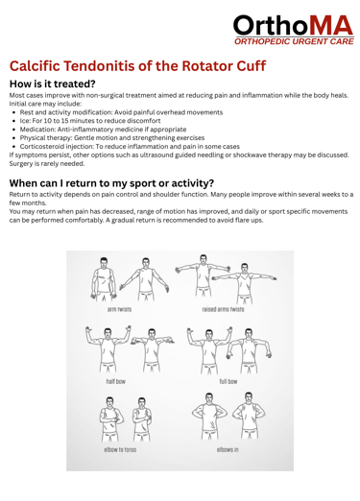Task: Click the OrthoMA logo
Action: pyautogui.click(x=294, y=30)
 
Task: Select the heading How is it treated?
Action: pyautogui.click(x=53, y=83)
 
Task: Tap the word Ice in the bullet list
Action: pyautogui.click(x=25, y=121)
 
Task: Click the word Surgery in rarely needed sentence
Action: pyautogui.click(x=20, y=164)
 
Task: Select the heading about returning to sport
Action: pyautogui.click(x=111, y=183)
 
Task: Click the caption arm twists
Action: pyautogui.click(x=119, y=309)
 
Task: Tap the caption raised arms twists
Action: pyautogui.click(x=223, y=309)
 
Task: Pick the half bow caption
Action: pyautogui.click(x=116, y=381)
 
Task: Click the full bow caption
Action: pyautogui.click(x=228, y=381)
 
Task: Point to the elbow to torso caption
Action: pyautogui.click(x=120, y=450)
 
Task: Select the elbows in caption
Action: pyautogui.click(x=228, y=450)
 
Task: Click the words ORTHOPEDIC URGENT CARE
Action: pyautogui.click(x=294, y=41)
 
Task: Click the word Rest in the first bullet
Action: pyautogui.click(x=26, y=112)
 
